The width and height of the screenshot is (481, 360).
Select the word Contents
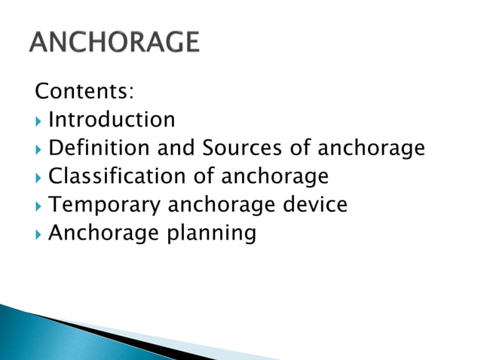point(84,92)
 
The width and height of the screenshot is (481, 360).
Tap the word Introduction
point(112,120)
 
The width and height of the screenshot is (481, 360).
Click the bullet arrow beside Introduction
point(38,121)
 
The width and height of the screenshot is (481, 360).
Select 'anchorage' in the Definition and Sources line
point(370,149)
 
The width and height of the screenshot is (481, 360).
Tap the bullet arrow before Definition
point(38,149)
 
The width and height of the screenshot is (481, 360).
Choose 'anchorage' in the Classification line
point(274,178)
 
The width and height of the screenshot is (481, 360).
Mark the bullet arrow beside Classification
point(38,178)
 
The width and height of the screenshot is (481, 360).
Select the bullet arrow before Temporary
point(38,206)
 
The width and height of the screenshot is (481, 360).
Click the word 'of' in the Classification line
point(203,177)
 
